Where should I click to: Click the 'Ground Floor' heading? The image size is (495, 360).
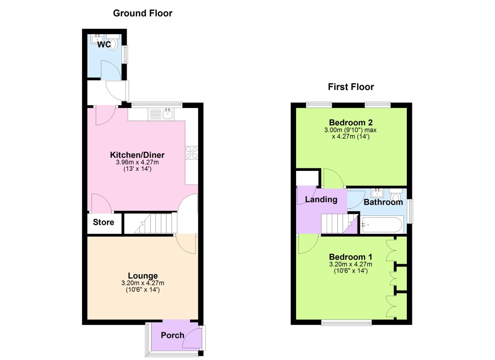pos(143,13)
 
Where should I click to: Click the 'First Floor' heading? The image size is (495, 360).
pos(350,87)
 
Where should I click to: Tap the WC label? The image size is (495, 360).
pos(104,45)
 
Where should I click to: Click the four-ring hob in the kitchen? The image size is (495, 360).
pos(191,152)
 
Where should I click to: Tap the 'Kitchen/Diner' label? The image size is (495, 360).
pos(137,155)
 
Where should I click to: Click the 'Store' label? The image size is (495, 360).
pos(103,222)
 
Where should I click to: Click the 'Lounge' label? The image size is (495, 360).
pos(143,276)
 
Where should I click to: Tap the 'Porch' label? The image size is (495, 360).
pos(172,335)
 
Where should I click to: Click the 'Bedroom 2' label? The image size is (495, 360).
pos(351,123)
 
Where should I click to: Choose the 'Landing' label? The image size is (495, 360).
pos(321,199)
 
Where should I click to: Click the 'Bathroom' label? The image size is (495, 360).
pos(383,202)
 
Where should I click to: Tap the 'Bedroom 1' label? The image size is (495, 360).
pos(350,257)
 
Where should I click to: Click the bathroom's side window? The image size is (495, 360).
pos(410,211)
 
